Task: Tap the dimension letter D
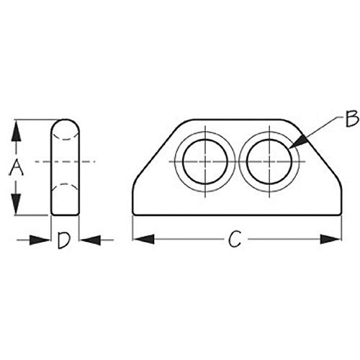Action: tap(64, 240)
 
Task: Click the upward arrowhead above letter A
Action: tap(16, 128)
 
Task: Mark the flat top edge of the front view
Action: tap(234, 120)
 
